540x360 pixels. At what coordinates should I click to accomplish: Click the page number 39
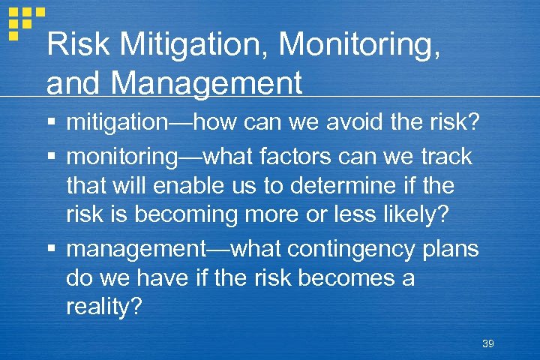[x=488, y=343]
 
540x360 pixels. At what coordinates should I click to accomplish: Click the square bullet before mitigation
[x=51, y=123]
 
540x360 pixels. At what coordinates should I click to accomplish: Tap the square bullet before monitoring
[x=51, y=157]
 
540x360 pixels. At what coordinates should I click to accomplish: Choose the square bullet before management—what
[x=51, y=247]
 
